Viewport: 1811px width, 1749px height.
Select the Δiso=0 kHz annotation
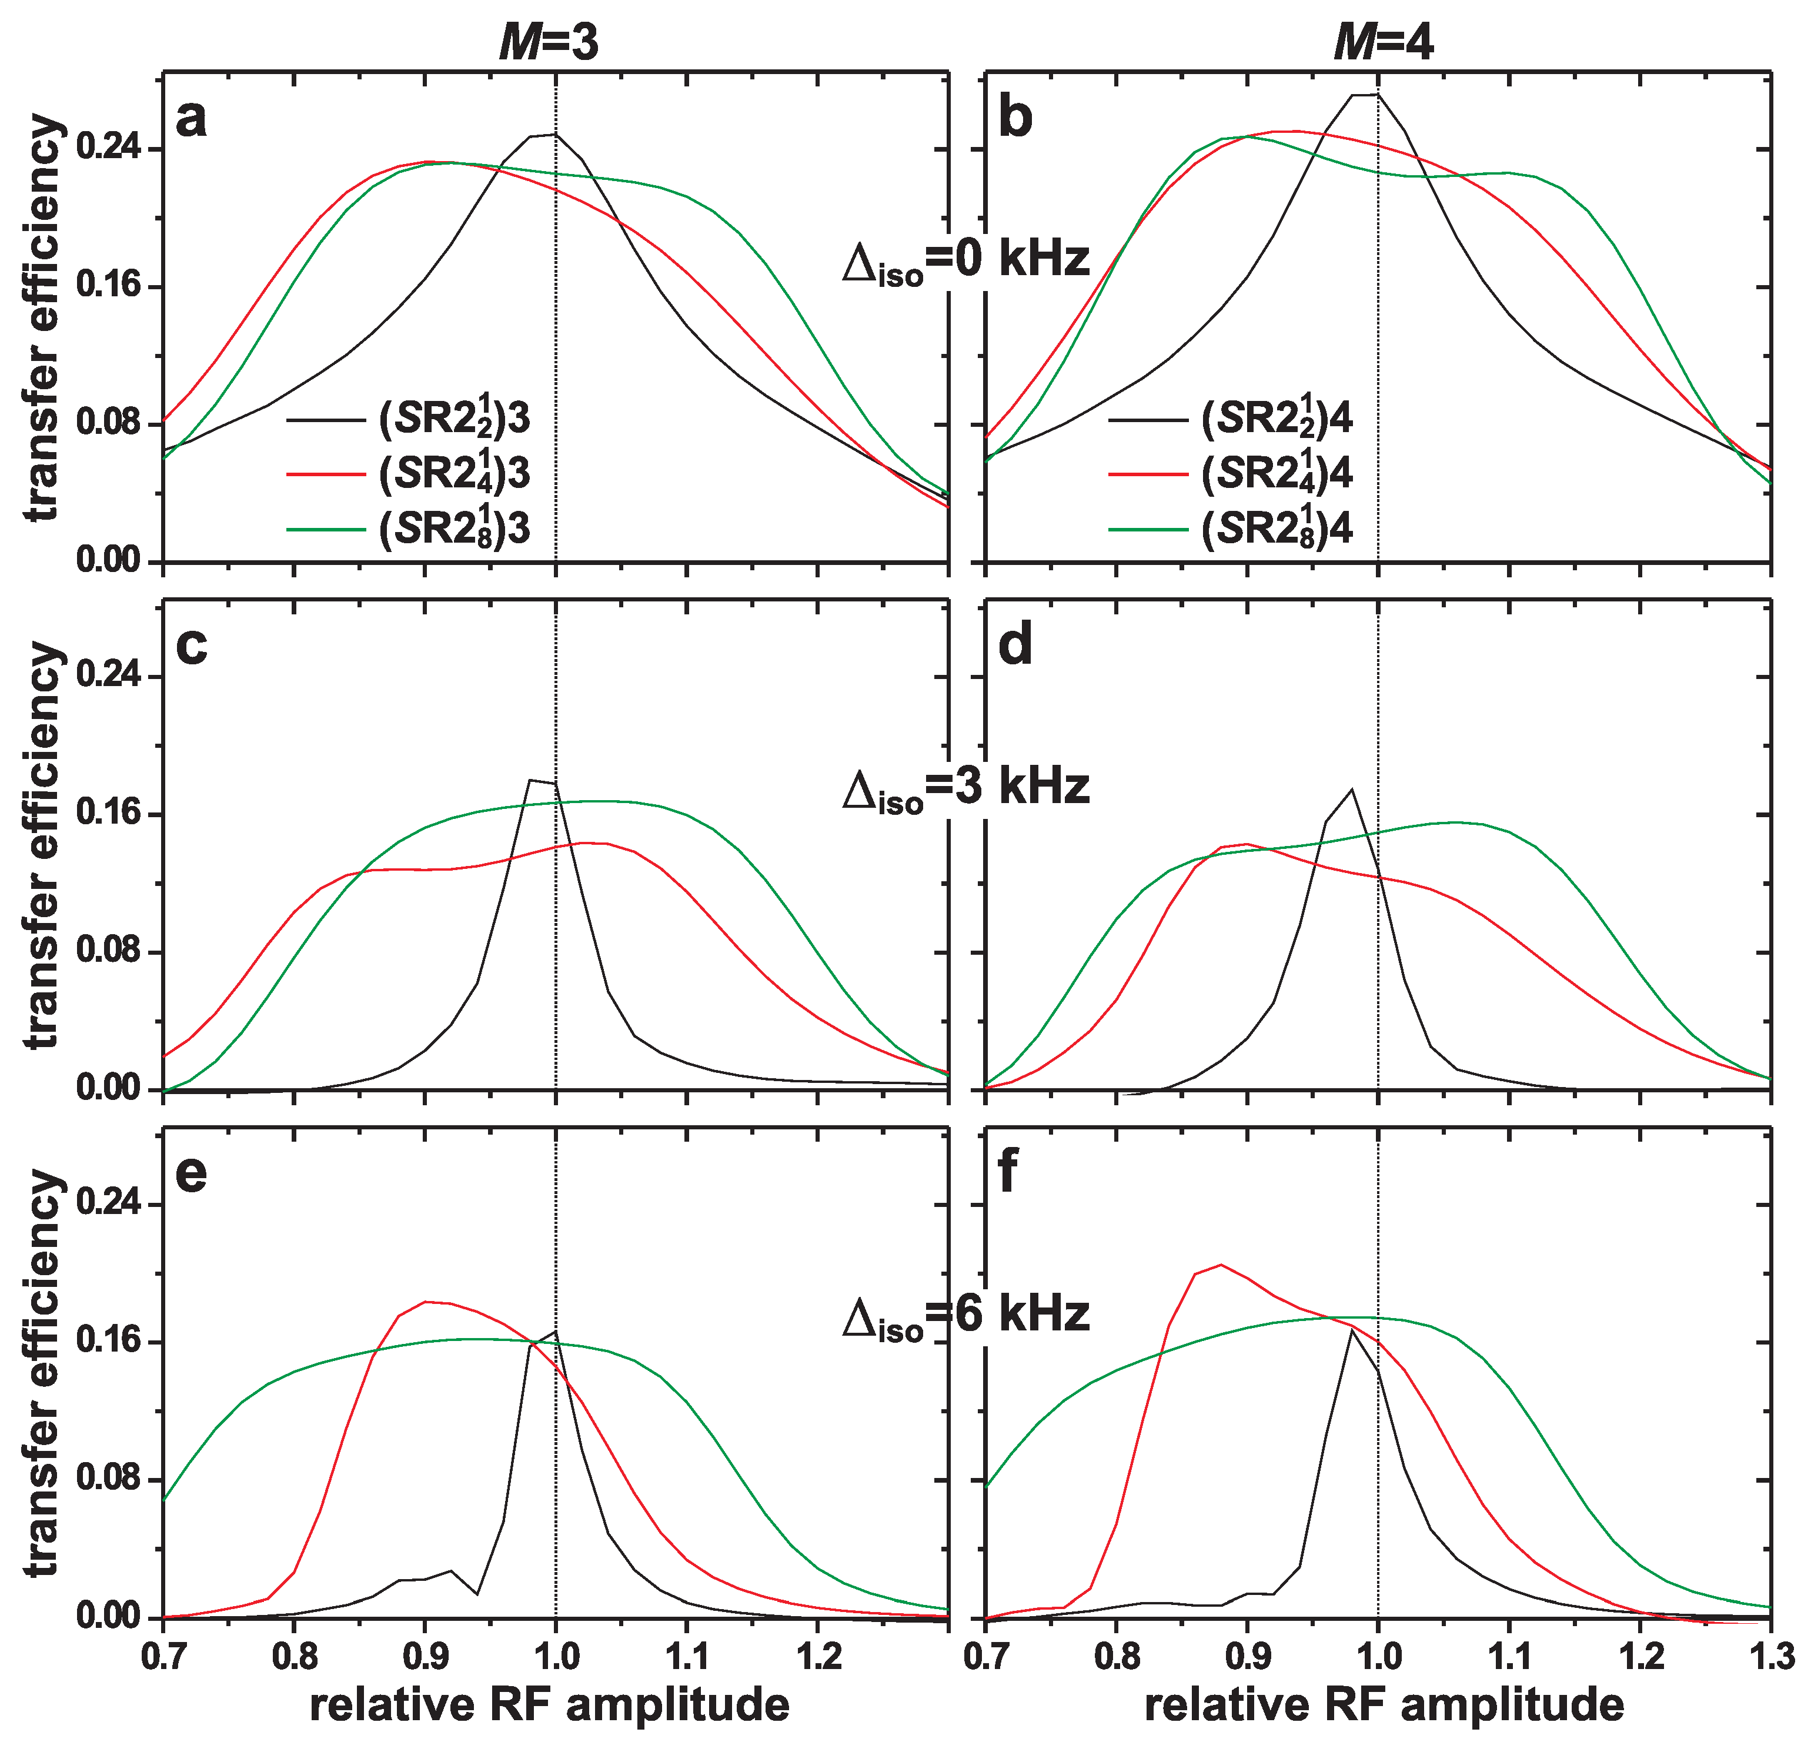[965, 262]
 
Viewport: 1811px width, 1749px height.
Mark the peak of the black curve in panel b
[1366, 94]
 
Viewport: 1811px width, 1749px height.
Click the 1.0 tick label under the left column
[555, 1655]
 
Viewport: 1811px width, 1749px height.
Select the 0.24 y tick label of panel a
[106, 149]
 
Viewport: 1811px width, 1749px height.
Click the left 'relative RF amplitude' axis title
[550, 1705]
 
